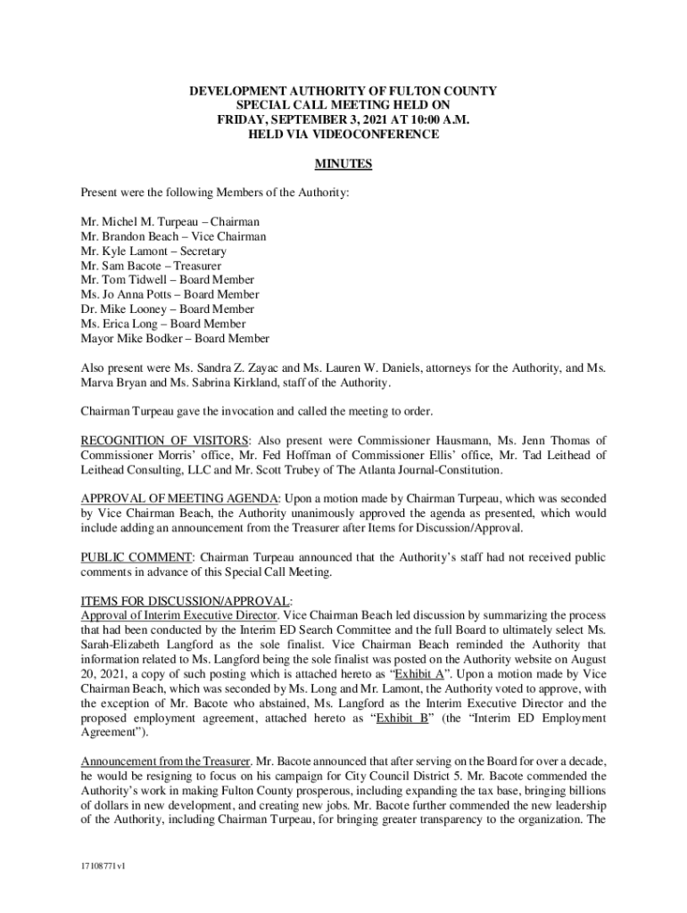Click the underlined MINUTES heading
[343, 164]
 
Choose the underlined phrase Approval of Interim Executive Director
[180, 615]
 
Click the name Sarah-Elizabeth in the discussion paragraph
[120, 645]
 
